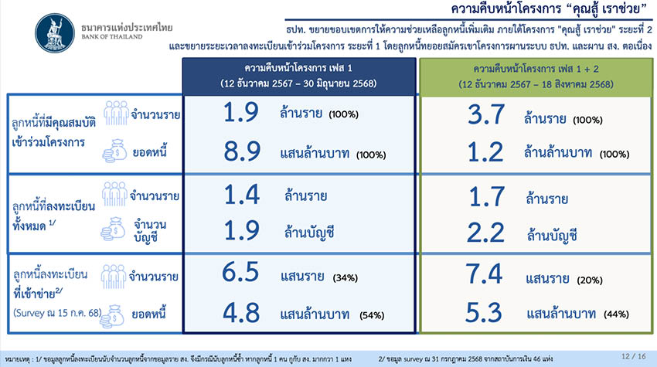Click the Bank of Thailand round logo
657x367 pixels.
(x=55, y=33)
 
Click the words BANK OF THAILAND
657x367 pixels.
(x=112, y=37)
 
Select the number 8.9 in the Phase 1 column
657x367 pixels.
(x=242, y=151)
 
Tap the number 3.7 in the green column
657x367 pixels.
(x=485, y=114)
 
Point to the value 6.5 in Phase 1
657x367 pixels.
(x=240, y=272)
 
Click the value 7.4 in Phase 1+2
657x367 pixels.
(x=484, y=274)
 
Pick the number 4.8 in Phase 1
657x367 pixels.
(x=241, y=313)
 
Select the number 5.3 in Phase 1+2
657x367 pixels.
(x=484, y=313)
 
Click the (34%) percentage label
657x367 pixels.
(x=346, y=278)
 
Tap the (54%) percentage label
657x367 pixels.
(x=372, y=315)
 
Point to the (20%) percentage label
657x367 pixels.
(x=590, y=280)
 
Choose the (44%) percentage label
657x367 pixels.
(x=616, y=314)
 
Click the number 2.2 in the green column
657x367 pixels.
(x=485, y=233)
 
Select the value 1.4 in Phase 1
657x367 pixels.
(x=242, y=195)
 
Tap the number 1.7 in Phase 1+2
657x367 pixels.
(x=486, y=197)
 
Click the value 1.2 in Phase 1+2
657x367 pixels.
(x=485, y=152)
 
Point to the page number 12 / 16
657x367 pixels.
(x=634, y=356)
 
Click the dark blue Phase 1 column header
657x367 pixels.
(x=299, y=76)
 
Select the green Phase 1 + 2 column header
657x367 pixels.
(x=536, y=76)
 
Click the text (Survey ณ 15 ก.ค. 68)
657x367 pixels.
(x=57, y=313)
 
